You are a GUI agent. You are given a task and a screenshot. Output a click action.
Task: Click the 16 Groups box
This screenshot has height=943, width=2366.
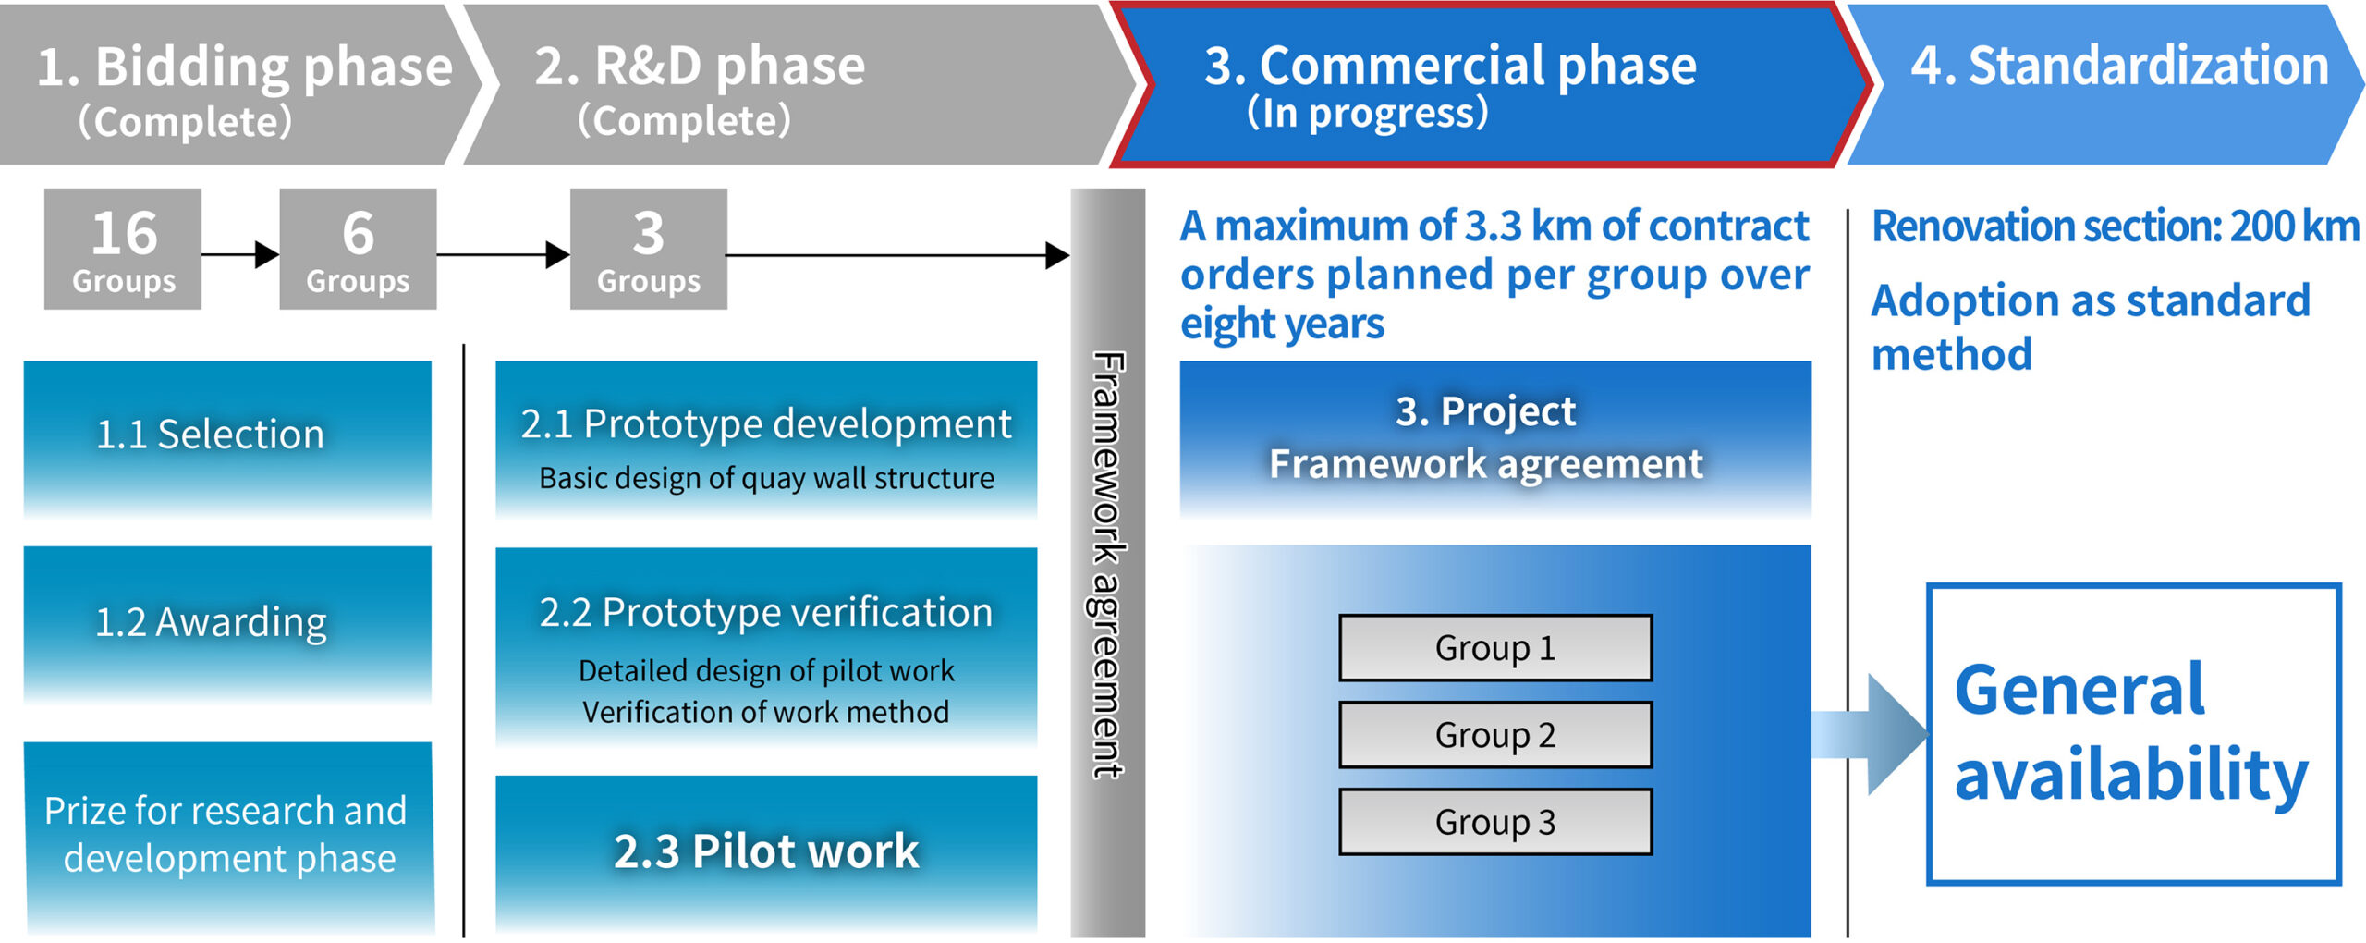[x=123, y=249]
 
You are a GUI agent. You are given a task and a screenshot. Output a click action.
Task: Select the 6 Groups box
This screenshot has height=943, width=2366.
[x=358, y=249]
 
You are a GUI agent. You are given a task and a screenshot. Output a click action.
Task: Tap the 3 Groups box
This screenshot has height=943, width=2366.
[x=648, y=249]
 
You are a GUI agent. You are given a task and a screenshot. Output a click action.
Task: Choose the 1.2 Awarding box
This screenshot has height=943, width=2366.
[x=227, y=623]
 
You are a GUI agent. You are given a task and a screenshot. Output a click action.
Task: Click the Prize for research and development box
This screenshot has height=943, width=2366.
[x=228, y=836]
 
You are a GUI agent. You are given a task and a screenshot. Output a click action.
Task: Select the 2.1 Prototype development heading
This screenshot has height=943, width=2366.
[x=765, y=424]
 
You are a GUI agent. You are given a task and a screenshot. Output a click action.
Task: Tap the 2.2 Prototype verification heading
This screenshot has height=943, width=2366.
[x=765, y=612]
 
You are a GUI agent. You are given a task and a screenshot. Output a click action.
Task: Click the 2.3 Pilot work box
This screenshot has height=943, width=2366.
[x=765, y=851]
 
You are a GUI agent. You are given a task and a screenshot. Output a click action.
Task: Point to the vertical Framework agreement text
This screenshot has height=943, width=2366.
[x=1107, y=564]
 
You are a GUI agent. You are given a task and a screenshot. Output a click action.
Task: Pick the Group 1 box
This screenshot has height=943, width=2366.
[x=1494, y=648]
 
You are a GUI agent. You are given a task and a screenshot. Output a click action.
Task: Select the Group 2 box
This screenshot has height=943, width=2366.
[x=1494, y=735]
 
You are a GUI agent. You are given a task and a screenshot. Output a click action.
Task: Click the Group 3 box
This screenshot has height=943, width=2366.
[x=1494, y=822]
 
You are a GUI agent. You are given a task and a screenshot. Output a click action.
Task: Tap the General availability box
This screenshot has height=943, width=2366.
[x=2133, y=734]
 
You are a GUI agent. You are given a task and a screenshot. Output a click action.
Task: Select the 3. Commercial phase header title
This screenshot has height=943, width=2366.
[x=1449, y=67]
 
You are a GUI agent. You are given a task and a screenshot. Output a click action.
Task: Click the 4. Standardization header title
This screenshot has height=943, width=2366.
[x=2118, y=67]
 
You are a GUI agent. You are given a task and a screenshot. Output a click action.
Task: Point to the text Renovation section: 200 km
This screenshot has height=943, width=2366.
[x=2115, y=227]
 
